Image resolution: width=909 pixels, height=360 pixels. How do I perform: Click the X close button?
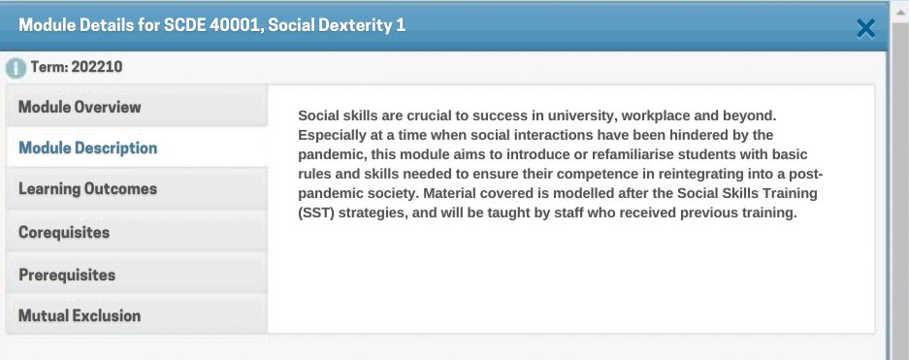point(865,28)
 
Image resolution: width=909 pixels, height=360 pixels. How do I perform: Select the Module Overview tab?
point(137,107)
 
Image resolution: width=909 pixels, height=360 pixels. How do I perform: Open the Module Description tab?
point(137,147)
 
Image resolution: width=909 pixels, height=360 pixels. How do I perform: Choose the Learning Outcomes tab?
point(137,189)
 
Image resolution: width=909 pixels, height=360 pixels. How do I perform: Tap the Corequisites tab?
point(137,232)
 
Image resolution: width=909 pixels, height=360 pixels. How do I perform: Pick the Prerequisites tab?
point(137,275)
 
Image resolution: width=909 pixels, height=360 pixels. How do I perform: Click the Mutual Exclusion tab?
point(137,316)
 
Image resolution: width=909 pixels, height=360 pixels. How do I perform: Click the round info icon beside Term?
point(16,68)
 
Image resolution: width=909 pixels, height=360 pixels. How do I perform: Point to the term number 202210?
point(97,67)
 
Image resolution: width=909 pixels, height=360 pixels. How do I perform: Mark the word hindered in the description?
point(699,135)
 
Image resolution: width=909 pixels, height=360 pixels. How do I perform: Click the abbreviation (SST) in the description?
point(316,213)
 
